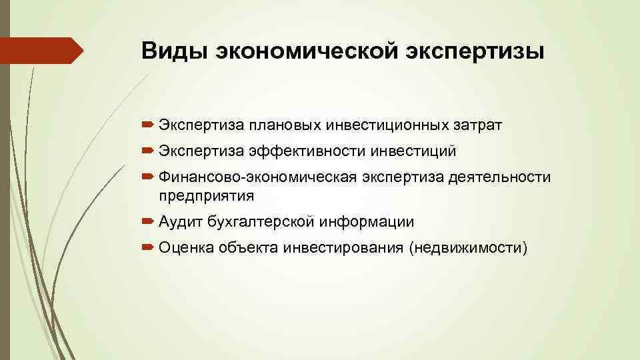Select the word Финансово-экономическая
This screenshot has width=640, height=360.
(259, 177)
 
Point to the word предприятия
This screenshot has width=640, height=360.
(207, 195)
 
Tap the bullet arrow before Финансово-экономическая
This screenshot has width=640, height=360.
(148, 177)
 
